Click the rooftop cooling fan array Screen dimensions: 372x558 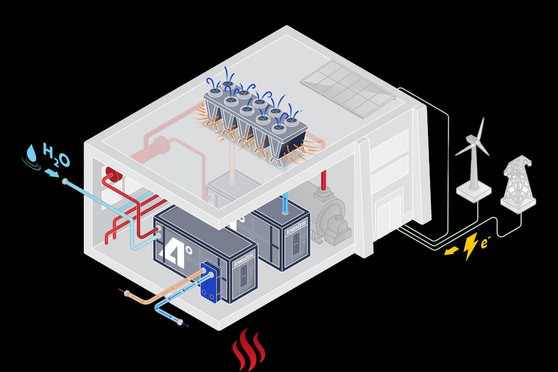pyautogui.click(x=257, y=121)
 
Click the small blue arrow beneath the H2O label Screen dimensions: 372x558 pyautogui.click(x=53, y=174)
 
